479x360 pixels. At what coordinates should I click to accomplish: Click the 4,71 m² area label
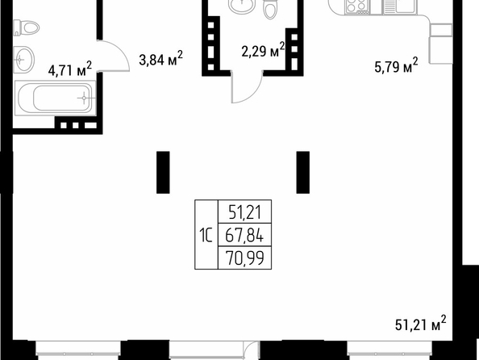tap(69, 69)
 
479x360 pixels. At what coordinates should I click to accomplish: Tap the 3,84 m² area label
tap(160, 58)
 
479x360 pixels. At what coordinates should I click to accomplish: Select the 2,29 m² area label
tap(263, 50)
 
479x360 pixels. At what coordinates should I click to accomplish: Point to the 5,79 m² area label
tap(396, 65)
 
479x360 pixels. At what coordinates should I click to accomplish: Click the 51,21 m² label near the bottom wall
tap(421, 324)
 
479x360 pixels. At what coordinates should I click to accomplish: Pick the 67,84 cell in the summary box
tap(244, 236)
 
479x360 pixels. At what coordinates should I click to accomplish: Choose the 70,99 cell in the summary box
tap(244, 257)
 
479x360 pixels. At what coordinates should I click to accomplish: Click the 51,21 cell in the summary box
tap(245, 212)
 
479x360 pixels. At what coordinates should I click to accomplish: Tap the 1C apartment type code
tap(206, 236)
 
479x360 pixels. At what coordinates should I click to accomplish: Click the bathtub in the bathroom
tap(56, 98)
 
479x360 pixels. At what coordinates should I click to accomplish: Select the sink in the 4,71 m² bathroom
tap(24, 60)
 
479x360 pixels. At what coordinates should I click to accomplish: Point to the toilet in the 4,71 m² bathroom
tap(27, 28)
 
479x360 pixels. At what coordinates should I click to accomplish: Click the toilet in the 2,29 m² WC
tap(270, 10)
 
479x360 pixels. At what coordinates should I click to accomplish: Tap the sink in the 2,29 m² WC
tap(241, 6)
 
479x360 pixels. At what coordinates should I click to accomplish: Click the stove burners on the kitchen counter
tap(356, 7)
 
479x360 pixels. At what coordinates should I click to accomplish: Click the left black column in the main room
tap(163, 172)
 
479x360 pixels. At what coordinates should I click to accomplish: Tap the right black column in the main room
tap(302, 172)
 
